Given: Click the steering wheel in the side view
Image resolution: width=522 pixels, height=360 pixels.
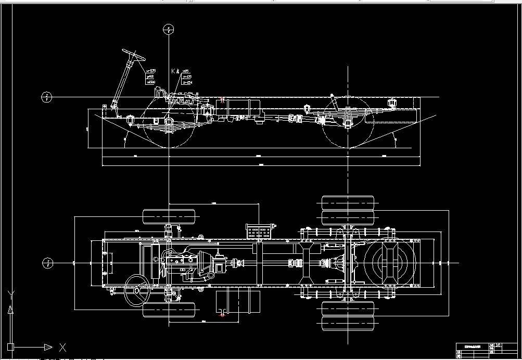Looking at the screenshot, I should (133, 54).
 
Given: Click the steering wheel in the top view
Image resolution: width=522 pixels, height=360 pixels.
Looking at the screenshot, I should (137, 290).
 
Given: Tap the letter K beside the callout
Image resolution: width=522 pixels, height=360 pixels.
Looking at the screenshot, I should (173, 71).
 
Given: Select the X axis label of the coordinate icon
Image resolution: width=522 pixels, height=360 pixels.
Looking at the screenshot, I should (62, 347).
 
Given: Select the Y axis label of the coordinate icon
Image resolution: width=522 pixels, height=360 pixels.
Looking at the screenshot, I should (10, 295).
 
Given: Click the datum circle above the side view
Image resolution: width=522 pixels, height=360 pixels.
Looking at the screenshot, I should (168, 29).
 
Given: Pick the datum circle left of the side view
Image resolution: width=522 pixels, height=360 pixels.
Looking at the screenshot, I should (47, 97).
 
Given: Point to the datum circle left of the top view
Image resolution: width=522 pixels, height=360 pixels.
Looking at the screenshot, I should (47, 263).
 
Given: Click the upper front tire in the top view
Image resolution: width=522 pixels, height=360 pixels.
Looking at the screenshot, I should (169, 216).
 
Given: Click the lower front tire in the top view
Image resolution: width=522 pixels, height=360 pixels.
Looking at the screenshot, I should (169, 310).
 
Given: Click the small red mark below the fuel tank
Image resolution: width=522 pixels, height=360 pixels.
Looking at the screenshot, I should (222, 314).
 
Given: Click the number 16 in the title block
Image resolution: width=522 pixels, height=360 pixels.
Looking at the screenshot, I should (498, 345).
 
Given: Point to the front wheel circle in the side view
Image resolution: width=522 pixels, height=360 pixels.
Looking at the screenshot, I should (169, 123).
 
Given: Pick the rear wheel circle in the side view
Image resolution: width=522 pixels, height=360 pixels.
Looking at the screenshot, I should (348, 123).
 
